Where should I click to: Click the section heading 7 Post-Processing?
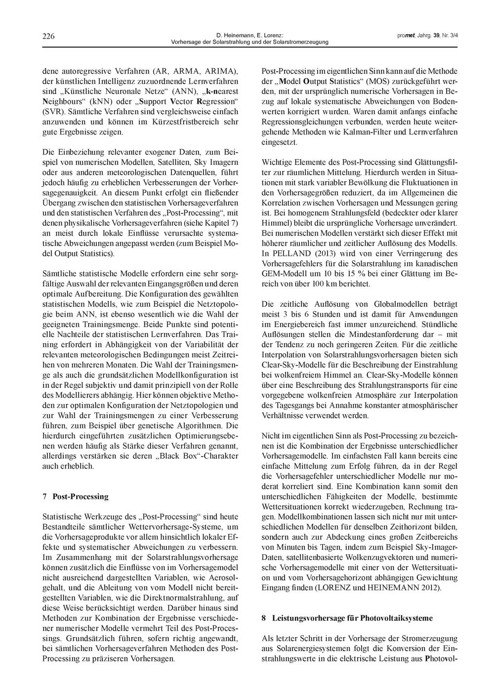(x=76, y=496)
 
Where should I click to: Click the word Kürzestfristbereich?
(x=168, y=122)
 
